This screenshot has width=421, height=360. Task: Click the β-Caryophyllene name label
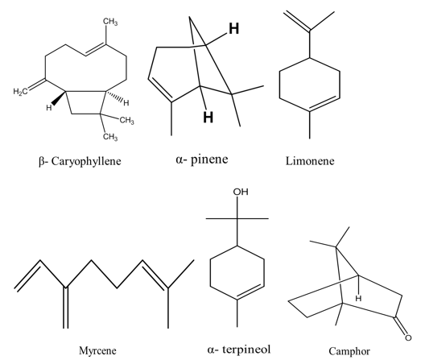tap(80, 161)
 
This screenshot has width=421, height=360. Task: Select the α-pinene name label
tap(202, 159)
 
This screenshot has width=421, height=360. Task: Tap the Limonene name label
tap(310, 161)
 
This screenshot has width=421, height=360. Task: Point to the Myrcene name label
tap(97, 350)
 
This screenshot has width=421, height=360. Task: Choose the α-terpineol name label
tap(239, 350)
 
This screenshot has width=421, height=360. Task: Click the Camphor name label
tap(349, 351)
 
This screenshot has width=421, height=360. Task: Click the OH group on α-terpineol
tap(241, 192)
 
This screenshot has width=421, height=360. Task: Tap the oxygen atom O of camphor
tap(408, 337)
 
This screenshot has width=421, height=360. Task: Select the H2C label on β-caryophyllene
tap(20, 92)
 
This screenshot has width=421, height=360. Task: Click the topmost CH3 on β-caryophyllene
tap(110, 22)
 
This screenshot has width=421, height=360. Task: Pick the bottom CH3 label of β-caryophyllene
tap(110, 137)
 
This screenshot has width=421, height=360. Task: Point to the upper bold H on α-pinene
tap(234, 28)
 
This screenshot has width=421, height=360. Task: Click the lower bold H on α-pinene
tap(208, 117)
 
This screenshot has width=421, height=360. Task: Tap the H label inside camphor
tap(358, 298)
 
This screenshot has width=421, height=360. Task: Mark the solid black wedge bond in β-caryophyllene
tap(59, 98)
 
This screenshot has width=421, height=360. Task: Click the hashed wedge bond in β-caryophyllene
tap(114, 97)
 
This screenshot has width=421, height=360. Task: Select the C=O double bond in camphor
tap(400, 326)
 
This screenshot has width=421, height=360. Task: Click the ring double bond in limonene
tap(324, 103)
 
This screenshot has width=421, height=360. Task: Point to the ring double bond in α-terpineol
tap(250, 292)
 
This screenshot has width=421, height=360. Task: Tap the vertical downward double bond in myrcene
tap(66, 308)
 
